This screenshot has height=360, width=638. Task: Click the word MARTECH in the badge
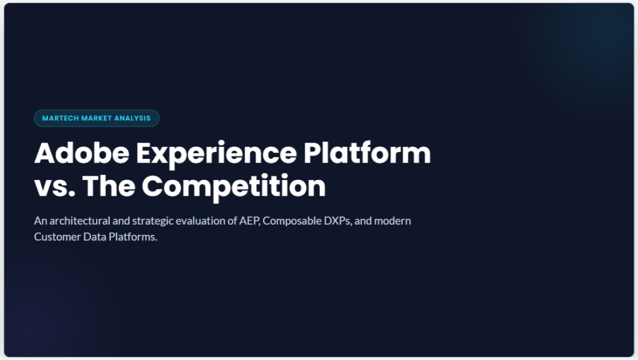pos(60,118)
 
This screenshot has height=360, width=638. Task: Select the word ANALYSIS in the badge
pos(132,118)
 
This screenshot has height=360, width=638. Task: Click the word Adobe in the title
pos(82,153)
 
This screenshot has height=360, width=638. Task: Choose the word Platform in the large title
pos(367,153)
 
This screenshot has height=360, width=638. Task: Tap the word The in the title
pos(108,186)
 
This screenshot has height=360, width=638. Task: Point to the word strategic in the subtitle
pos(150,222)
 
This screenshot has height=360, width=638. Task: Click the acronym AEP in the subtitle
pos(249,221)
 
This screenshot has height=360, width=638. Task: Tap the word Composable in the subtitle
pos(292,221)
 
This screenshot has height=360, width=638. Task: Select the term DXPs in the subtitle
pos(337,221)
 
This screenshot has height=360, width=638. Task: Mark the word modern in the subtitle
pos(393,221)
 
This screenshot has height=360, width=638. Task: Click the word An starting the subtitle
pos(40,221)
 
